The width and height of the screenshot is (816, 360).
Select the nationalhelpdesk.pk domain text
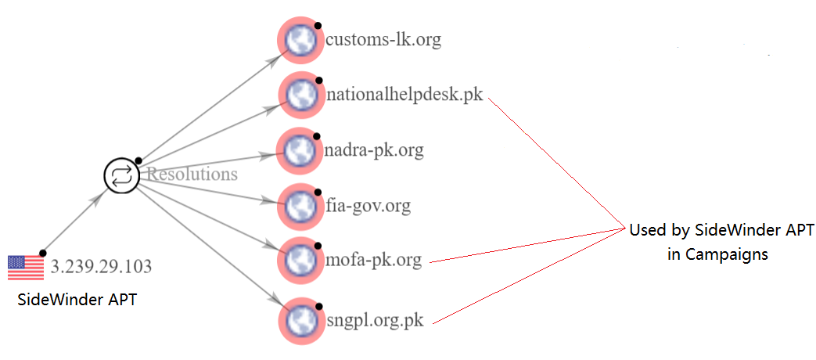[404, 95]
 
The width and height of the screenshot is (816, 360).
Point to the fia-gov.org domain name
[368, 206]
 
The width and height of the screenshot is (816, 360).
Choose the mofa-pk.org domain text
[372, 259]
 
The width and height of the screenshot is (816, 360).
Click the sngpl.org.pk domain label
[375, 321]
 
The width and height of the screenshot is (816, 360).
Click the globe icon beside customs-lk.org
[300, 40]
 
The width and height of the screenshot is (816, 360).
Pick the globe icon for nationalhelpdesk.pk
[300, 95]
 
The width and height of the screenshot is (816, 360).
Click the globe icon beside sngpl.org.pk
[300, 321]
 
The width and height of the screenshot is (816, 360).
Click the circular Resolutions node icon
[121, 175]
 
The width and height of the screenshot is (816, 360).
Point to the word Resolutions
[192, 174]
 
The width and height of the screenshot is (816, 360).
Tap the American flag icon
[26, 267]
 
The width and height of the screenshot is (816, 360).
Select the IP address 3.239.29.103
[101, 267]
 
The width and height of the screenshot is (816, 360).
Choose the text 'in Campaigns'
[717, 254]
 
